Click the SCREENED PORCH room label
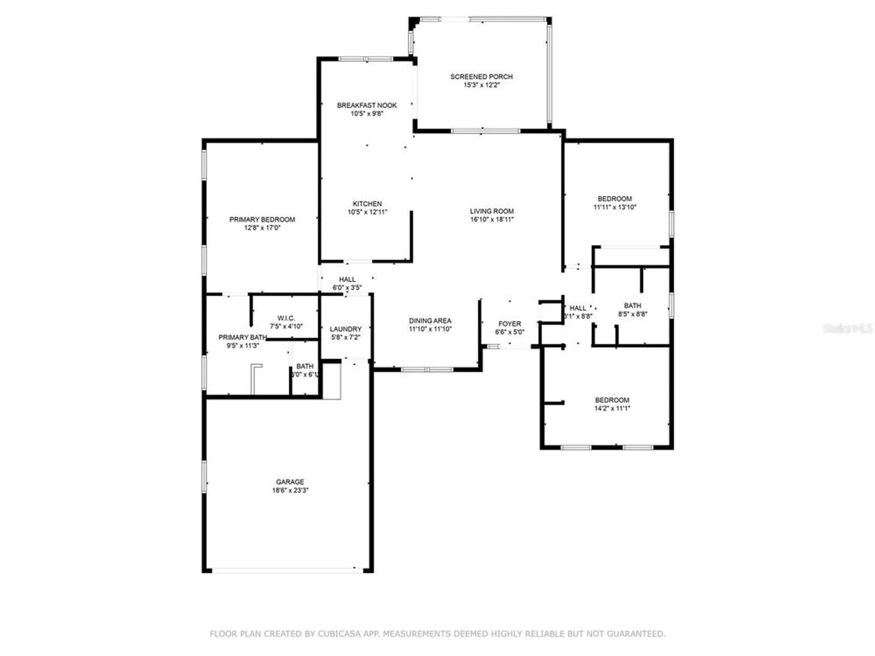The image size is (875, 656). (481, 77)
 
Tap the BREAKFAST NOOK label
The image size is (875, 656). (367, 105)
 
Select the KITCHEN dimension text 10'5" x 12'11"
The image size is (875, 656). (367, 212)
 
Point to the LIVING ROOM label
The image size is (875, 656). (492, 211)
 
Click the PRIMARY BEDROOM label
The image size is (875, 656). (262, 220)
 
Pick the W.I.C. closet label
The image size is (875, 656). (286, 318)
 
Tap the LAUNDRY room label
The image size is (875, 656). (346, 329)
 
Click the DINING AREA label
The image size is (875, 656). (430, 321)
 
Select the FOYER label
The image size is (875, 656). (510, 324)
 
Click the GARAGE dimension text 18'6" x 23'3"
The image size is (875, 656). (290, 490)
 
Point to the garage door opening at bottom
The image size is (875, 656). (287, 571)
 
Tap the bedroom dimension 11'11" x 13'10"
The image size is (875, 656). (615, 207)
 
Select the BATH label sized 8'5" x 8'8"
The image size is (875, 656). (633, 306)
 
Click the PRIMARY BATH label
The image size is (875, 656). (242, 337)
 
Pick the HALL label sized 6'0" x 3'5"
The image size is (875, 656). (347, 279)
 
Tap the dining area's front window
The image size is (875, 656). (427, 370)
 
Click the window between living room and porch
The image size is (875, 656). (486, 131)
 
